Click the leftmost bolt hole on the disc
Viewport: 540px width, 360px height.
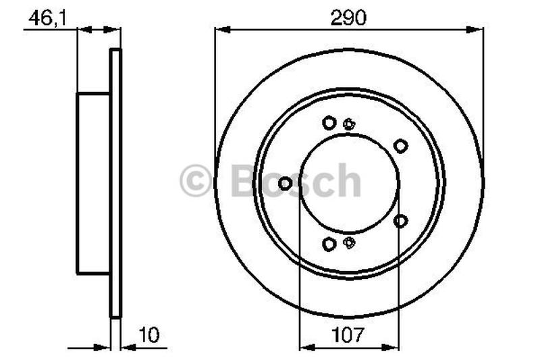pos(285,183)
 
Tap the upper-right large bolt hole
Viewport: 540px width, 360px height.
pos(400,145)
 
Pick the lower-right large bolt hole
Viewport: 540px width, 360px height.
pos(400,221)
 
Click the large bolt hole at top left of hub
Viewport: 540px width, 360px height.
pos(329,123)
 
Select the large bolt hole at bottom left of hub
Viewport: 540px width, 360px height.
pos(329,244)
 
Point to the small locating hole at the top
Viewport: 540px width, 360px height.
pos(349,124)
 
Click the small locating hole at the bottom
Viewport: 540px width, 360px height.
pos(349,243)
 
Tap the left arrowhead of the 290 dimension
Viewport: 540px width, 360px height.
pos(220,29)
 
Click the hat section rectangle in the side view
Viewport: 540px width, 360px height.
pos(93,183)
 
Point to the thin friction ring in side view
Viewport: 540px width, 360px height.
pos(115,183)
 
